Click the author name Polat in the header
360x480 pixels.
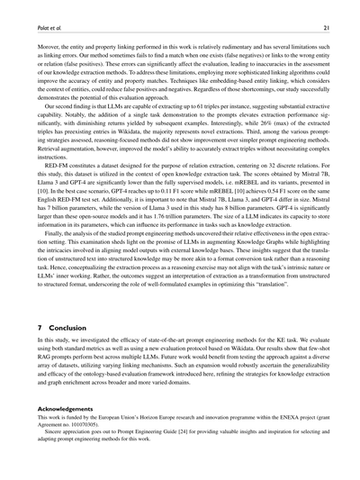pos(34,28)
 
